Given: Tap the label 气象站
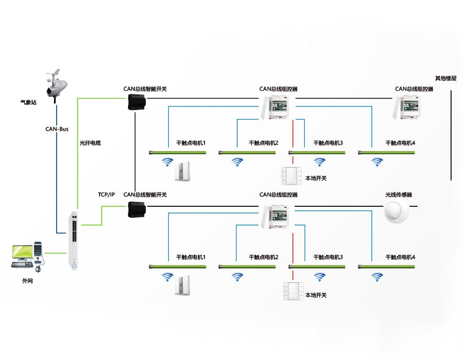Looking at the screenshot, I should (x=28, y=103).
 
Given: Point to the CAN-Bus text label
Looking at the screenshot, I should (x=57, y=129).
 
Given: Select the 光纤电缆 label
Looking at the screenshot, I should (x=90, y=143).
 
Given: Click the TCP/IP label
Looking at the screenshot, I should (x=106, y=195).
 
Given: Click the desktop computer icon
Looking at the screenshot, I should (x=27, y=255).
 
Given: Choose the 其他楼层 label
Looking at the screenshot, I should (x=446, y=78).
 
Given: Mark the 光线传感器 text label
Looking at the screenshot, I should (x=399, y=195).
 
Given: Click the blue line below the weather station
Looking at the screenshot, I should (x=56, y=168).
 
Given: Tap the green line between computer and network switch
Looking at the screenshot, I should (x=55, y=253).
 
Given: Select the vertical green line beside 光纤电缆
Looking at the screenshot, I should (x=78, y=152).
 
